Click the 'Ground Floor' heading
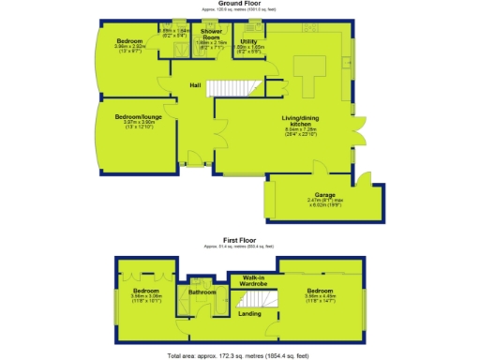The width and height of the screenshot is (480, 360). click(x=239, y=4)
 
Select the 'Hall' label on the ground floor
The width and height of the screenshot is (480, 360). click(x=196, y=85)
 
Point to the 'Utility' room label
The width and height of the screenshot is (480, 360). click(x=248, y=41)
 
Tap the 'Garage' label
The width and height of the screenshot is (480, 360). click(x=325, y=195)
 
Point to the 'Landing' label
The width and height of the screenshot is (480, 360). click(x=250, y=313)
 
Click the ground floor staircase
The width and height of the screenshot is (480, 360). click(x=230, y=90)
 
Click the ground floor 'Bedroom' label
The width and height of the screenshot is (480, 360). click(x=129, y=41)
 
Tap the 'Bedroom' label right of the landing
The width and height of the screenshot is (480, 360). click(x=320, y=291)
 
